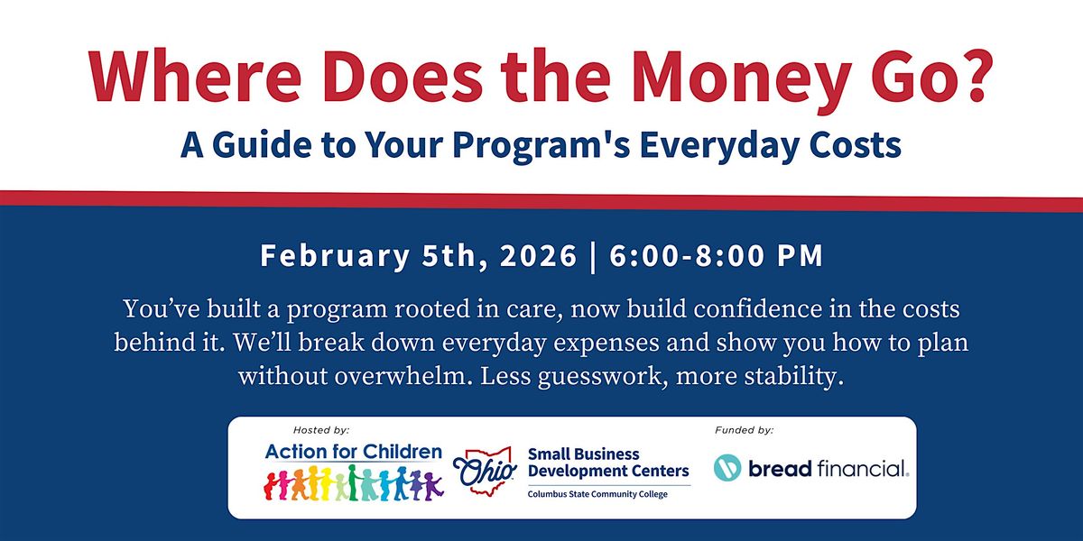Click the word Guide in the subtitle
click(x=262, y=144)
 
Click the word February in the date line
click(x=335, y=256)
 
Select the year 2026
click(x=538, y=255)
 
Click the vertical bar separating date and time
click(x=593, y=257)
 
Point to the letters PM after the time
click(x=800, y=255)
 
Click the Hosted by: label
click(x=321, y=430)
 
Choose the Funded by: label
click(x=744, y=430)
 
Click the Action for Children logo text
click(x=354, y=452)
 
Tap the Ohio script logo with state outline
click(x=484, y=470)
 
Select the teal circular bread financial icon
click(x=727, y=468)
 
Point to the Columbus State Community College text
click(x=597, y=494)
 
